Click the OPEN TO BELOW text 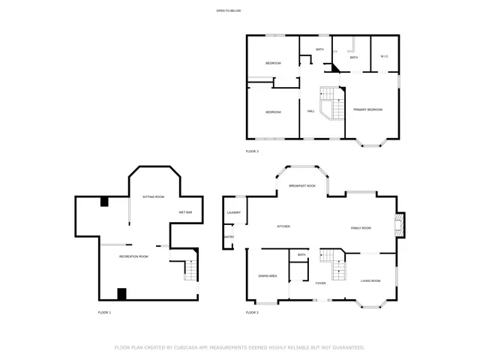coord(228,10)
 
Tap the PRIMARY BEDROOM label coord(368,109)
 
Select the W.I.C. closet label coord(384,57)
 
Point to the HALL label coord(310,112)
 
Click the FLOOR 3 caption coord(252,151)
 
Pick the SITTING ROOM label coord(153,196)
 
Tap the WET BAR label coord(185,213)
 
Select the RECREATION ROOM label coord(133,256)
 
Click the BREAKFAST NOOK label coord(302,185)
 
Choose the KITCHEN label coord(283,226)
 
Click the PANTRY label coord(229,238)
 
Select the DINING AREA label coord(268,276)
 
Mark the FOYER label coord(320,283)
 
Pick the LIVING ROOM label coord(370,280)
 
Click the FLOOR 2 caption coord(252,312)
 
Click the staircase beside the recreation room coord(190,269)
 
